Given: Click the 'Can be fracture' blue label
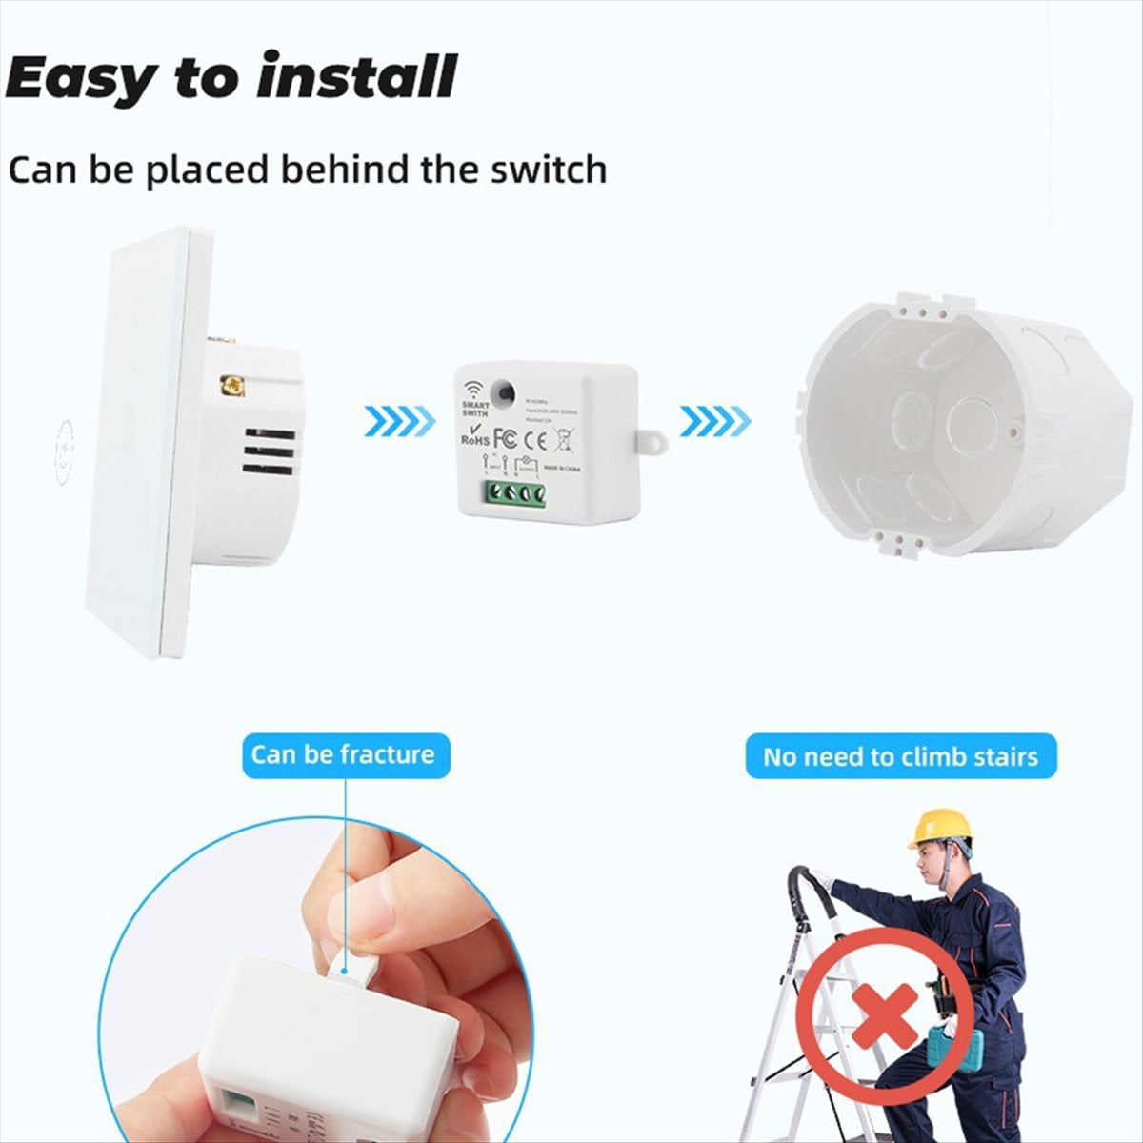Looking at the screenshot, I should [x=344, y=755].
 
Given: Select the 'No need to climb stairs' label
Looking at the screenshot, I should [x=900, y=757].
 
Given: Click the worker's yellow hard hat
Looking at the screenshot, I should [x=938, y=828].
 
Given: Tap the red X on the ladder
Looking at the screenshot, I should [x=884, y=1015].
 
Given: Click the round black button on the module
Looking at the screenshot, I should [x=501, y=391].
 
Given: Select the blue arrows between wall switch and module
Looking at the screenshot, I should [x=399, y=419].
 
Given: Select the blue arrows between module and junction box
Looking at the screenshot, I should [x=715, y=419].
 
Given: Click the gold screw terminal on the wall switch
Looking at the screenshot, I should [x=231, y=386].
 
